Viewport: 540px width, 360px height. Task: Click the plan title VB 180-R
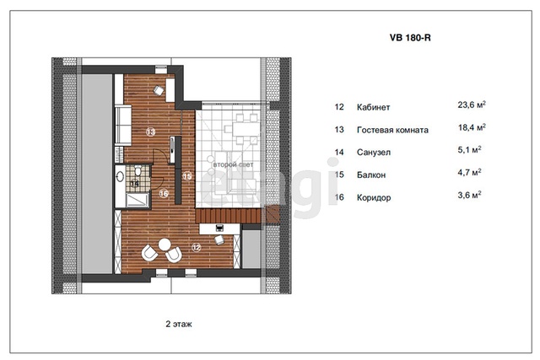[410, 37]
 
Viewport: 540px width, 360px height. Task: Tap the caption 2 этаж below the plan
[179, 324]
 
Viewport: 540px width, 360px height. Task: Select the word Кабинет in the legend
[373, 107]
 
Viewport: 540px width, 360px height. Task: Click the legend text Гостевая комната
[392, 130]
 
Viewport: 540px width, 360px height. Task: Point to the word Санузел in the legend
[374, 153]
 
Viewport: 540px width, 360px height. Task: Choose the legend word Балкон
[371, 175]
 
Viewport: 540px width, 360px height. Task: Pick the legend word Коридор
[374, 198]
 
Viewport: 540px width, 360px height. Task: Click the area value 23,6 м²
[472, 105]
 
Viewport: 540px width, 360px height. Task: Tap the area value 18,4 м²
[472, 127]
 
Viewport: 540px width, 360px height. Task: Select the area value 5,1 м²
[469, 150]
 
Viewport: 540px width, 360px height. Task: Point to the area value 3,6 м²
[469, 196]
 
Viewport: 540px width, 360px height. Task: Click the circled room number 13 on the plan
[150, 132]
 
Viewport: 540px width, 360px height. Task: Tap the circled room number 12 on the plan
[197, 247]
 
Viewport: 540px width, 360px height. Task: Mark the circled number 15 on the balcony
[187, 176]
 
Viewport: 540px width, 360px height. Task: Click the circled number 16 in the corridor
[164, 194]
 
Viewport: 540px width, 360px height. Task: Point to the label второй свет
[233, 165]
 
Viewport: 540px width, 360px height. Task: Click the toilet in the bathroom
[138, 170]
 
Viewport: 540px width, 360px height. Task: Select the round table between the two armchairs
[165, 244]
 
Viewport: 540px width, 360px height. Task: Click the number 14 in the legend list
[339, 153]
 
